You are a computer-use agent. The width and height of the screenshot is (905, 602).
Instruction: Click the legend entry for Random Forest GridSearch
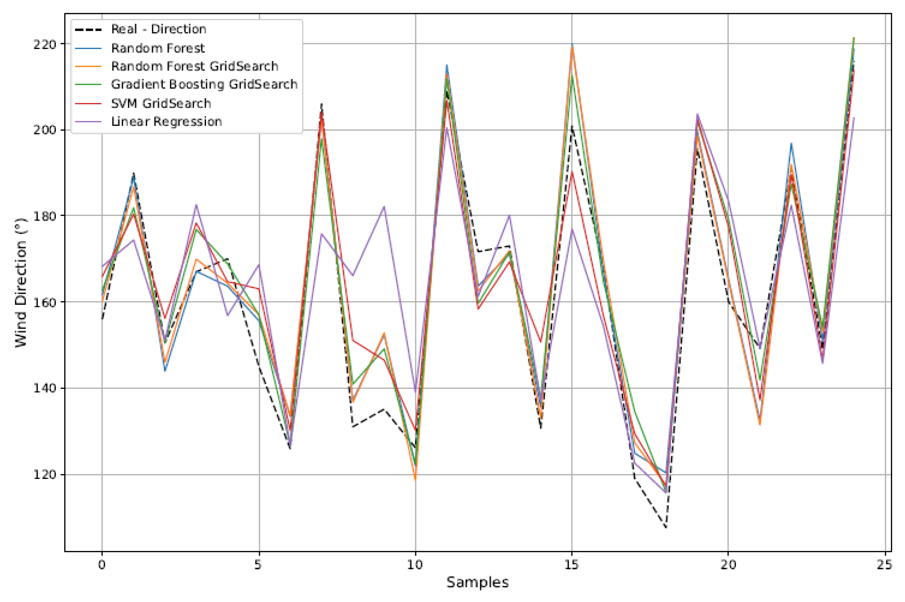pos(194,66)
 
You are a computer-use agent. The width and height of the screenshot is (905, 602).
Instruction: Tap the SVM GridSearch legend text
pos(161,103)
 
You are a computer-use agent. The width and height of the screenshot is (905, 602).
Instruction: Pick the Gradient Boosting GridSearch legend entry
pos(204,84)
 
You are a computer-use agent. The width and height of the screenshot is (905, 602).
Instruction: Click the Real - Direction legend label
pos(159,29)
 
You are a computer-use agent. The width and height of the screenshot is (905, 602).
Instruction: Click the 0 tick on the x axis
pos(102,565)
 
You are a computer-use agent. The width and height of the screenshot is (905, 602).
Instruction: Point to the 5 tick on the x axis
pos(258,565)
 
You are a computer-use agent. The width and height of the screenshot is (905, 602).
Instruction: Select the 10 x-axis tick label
pos(415,565)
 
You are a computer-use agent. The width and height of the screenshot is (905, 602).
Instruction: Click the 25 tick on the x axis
pos(885,565)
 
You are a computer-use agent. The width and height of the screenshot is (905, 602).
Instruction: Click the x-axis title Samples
pos(477,583)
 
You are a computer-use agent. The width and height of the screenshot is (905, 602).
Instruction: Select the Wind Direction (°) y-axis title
pos(21,283)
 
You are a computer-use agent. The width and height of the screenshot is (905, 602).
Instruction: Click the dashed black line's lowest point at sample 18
pos(666,527)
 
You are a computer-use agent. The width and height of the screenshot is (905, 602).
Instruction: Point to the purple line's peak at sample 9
pos(384,207)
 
